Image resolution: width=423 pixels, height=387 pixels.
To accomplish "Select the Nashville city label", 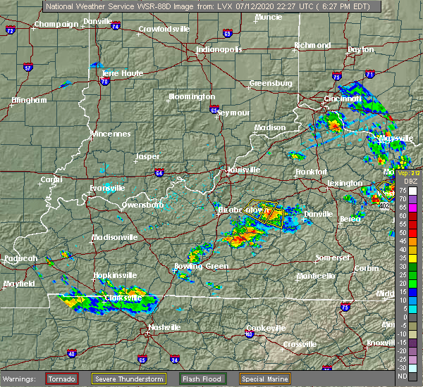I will tap(165, 327).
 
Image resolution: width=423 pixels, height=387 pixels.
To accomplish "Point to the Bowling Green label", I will tap(201, 267).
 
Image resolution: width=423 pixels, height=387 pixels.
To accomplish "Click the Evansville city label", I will tap(108, 188).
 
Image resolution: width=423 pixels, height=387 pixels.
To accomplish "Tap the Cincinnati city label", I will tap(343, 99).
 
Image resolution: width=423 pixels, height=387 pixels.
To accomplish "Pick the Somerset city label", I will tap(332, 258).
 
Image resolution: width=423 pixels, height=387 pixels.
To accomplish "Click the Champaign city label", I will tap(56, 24).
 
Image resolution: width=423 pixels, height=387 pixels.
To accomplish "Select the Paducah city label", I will tap(21, 259).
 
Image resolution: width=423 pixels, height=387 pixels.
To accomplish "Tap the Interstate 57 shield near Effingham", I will tap(27, 68).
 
